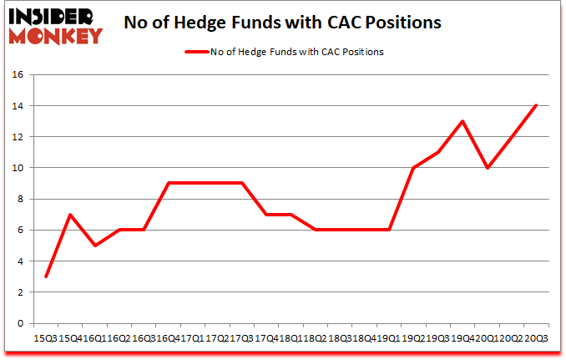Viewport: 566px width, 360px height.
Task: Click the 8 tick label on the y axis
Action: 19,199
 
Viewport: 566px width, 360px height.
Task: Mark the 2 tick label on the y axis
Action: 19,292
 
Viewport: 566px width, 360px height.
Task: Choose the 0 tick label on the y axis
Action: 19,323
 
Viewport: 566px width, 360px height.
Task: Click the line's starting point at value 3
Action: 46,276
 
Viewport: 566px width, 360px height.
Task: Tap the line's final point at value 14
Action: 536,105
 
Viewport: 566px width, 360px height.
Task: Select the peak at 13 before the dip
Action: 462,121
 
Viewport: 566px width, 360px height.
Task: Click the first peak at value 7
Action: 71,215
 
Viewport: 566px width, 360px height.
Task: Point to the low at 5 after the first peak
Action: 95,246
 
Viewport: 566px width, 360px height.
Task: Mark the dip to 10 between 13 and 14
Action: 487,168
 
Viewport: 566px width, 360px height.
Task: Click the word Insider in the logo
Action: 53,16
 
